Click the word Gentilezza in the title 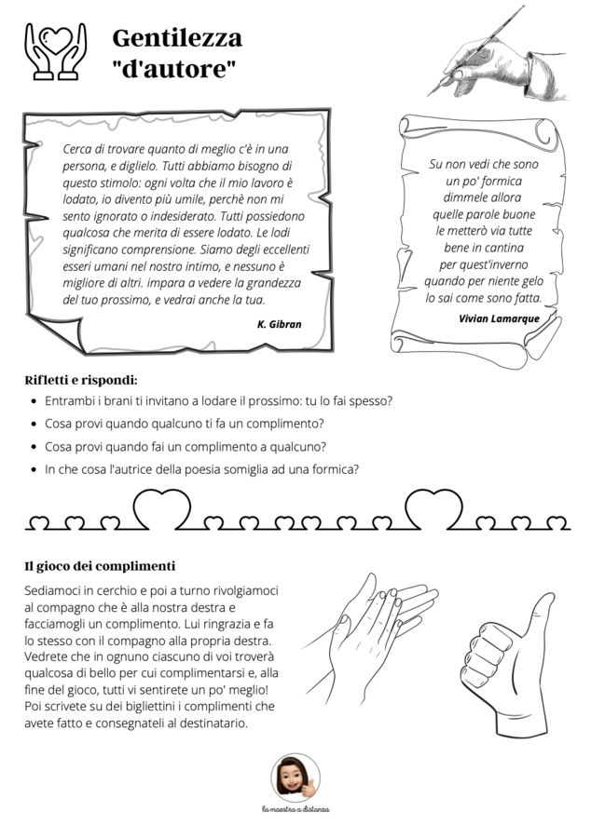177,38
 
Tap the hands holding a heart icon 56,51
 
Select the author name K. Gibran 280,324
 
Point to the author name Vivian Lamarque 499,318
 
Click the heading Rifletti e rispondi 81,381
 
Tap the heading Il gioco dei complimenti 100,566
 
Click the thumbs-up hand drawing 507,664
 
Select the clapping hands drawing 370,639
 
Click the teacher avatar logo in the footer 295,778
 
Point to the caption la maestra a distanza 295,809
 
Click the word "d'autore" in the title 173,70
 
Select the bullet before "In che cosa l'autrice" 34,470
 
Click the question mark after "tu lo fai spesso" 390,400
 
